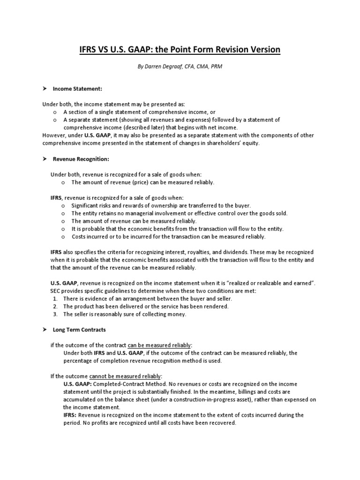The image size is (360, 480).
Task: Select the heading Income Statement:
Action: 77,88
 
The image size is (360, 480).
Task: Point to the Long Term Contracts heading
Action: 79,330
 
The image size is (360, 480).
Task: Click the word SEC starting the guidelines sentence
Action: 56,291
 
